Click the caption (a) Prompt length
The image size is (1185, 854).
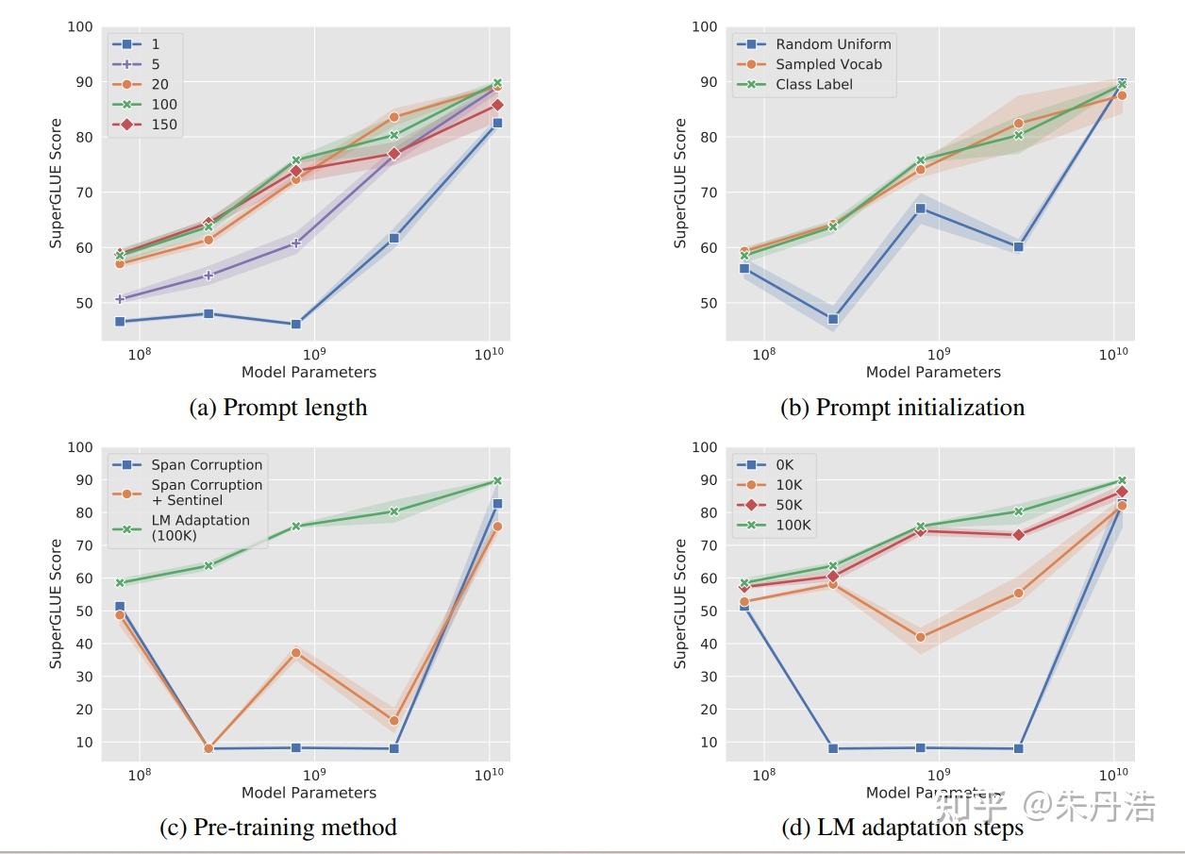278,408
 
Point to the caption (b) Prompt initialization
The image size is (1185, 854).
902,408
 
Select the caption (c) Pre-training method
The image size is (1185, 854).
278,828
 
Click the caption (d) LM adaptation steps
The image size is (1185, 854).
902,828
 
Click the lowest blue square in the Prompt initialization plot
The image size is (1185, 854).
833,319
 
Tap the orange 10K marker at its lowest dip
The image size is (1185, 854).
920,637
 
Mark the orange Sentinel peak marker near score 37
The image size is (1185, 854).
296,652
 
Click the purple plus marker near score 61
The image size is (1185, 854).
296,243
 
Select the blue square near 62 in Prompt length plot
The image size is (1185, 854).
394,238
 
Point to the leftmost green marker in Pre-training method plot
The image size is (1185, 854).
120,582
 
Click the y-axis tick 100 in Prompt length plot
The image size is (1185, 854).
80,26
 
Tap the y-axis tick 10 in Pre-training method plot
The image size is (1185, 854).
84,742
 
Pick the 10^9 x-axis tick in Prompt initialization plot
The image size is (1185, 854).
938,353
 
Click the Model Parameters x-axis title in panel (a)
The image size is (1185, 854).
309,372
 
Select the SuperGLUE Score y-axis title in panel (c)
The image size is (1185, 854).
56,604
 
